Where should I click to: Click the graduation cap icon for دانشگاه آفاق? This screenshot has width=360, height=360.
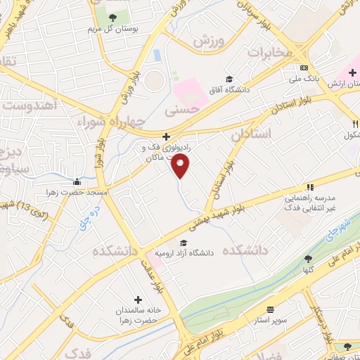[x=230, y=79]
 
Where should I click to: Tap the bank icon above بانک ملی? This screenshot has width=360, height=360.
[x=304, y=67]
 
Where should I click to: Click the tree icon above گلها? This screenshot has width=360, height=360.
[x=307, y=259]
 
